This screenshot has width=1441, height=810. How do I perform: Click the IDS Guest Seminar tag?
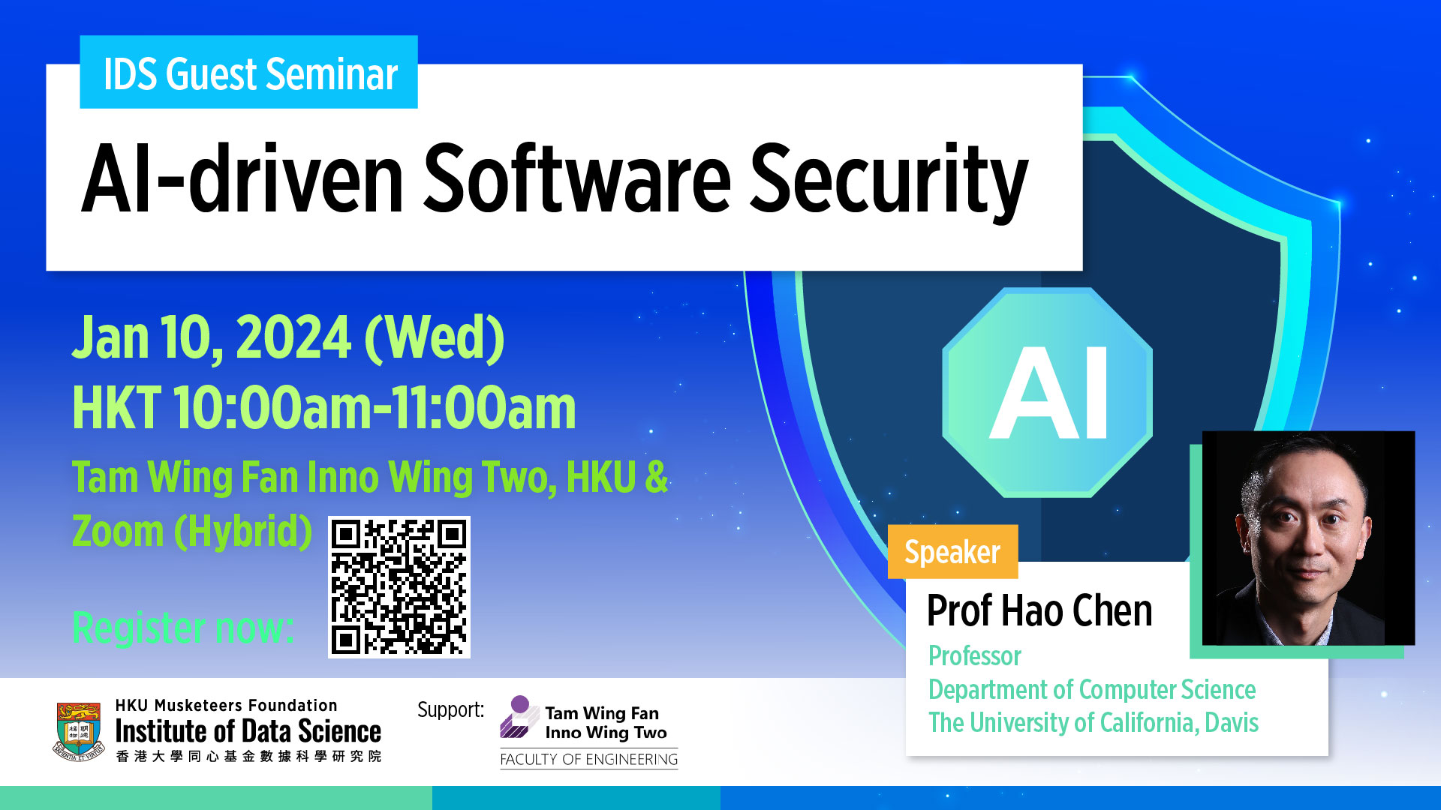tap(248, 72)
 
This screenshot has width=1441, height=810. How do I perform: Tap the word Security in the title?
tap(889, 181)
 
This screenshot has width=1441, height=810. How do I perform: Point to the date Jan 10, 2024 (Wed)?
tap(288, 337)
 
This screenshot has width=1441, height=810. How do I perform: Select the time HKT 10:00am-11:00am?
tap(324, 408)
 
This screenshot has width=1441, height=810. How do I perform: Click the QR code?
tap(399, 587)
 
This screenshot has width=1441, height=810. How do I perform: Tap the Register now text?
tap(182, 628)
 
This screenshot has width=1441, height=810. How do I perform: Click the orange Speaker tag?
tap(952, 551)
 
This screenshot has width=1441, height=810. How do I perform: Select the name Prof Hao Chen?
tap(1039, 610)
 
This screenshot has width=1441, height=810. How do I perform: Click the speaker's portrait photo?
tap(1308, 538)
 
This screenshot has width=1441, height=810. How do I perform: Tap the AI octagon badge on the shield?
tap(1048, 392)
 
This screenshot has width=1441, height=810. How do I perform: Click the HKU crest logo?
tap(79, 731)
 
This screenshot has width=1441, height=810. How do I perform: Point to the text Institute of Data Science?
tap(248, 731)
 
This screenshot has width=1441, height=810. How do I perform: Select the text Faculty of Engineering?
tap(589, 759)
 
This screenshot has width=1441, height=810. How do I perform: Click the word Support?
tap(450, 709)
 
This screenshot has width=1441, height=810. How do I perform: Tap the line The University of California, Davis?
tap(1094, 723)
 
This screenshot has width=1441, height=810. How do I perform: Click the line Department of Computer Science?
tap(1092, 690)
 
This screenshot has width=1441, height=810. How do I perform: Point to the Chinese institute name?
tap(248, 756)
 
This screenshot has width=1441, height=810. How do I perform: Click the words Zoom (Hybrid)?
tap(192, 532)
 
